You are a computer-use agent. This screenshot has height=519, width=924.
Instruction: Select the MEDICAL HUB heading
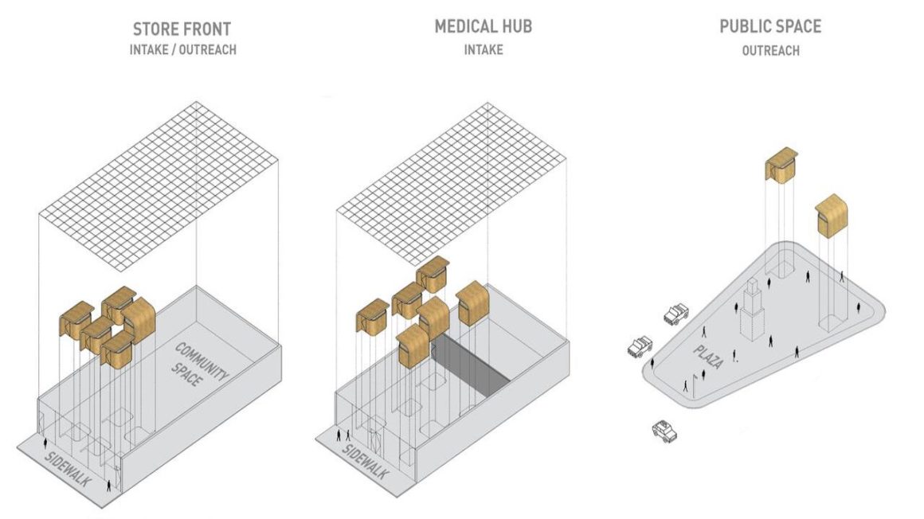point(483,26)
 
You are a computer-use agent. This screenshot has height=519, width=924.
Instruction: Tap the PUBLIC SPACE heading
point(769,26)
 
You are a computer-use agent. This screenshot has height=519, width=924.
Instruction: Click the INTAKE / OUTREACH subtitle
point(183,50)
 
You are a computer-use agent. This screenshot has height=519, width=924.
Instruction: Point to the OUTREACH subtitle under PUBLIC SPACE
point(770,50)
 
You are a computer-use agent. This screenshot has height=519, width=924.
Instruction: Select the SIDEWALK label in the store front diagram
point(68,471)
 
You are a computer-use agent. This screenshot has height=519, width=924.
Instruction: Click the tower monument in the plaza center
point(750,310)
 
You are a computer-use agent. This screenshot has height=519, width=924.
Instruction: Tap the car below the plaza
point(664,431)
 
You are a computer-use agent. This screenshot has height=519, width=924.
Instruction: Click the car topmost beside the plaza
point(675,313)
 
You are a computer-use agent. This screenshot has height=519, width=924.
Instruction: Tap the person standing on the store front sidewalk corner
point(109,484)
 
